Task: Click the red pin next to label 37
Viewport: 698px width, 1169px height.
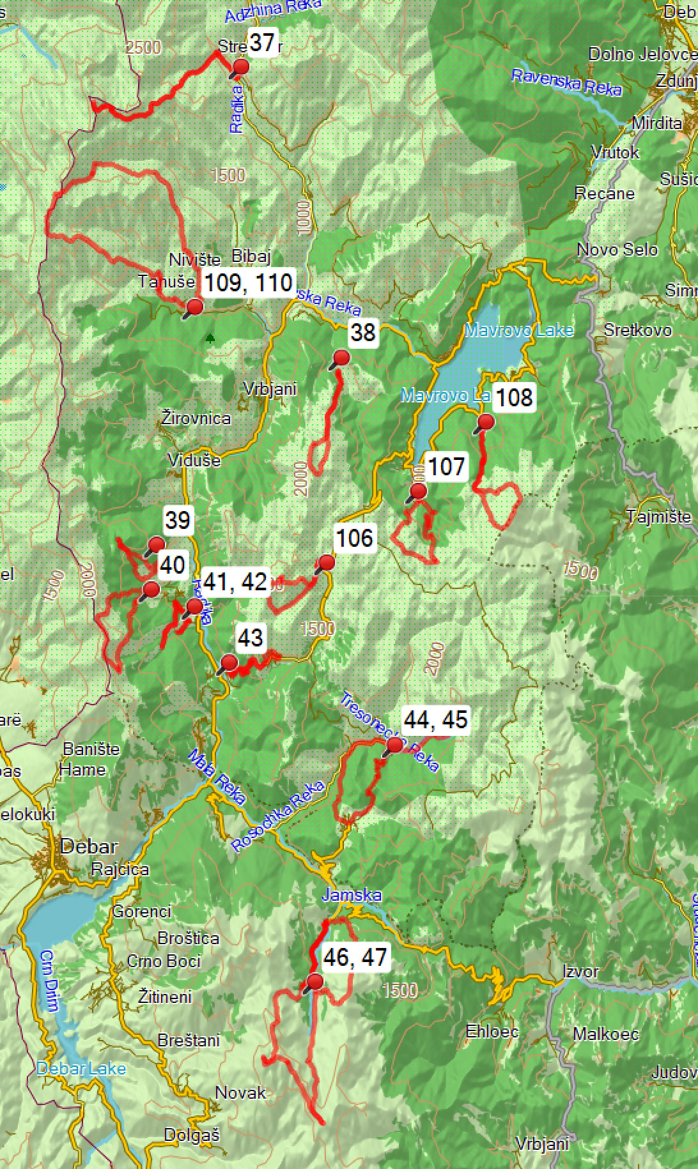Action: point(241,67)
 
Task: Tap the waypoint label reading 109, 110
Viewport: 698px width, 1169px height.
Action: point(249,282)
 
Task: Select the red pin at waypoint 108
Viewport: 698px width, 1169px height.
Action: point(486,422)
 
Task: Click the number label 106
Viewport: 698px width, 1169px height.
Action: point(355,538)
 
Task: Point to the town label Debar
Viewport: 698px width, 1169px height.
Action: point(89,847)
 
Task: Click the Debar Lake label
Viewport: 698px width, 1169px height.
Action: point(81,1068)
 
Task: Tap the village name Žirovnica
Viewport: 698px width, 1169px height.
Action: point(196,418)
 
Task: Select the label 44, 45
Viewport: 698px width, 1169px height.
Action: point(436,719)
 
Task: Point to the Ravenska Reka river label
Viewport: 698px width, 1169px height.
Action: point(566,83)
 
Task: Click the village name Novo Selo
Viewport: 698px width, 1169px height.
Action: point(617,249)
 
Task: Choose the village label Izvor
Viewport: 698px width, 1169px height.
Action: point(580,972)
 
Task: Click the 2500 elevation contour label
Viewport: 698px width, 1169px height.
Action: point(143,47)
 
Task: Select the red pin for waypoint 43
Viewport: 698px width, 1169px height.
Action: point(229,662)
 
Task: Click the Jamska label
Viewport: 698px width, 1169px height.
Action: point(352,895)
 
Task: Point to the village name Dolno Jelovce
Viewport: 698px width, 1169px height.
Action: point(642,54)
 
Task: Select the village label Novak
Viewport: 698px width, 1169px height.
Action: point(240,1092)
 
